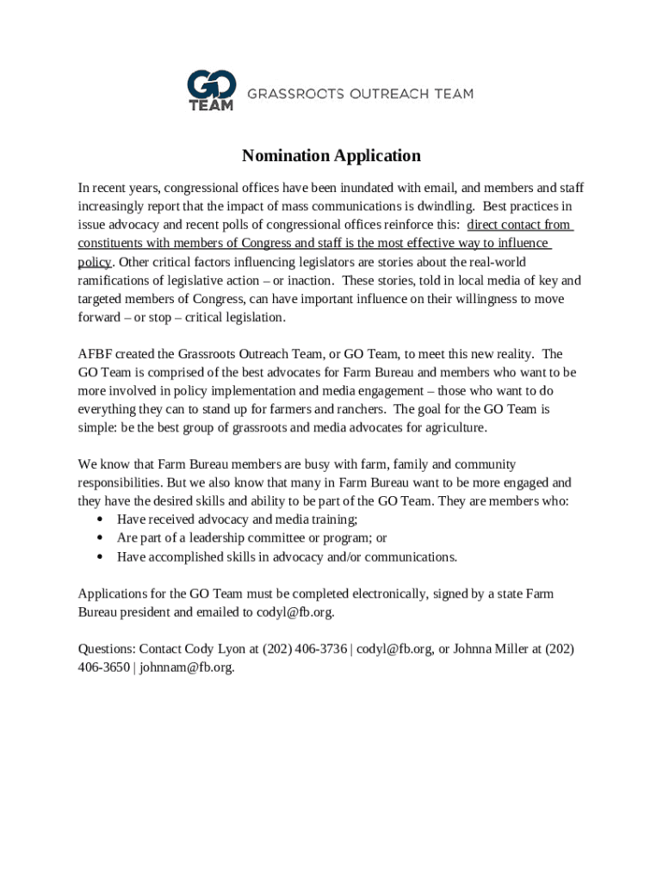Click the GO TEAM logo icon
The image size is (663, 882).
click(211, 90)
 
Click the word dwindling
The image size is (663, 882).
click(443, 207)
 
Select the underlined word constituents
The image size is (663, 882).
click(114, 244)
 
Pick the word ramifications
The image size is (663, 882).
click(115, 281)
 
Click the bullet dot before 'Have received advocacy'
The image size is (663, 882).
click(101, 519)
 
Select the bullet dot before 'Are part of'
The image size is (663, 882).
click(101, 538)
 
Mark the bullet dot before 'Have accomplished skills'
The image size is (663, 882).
click(101, 557)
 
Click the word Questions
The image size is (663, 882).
click(106, 649)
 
